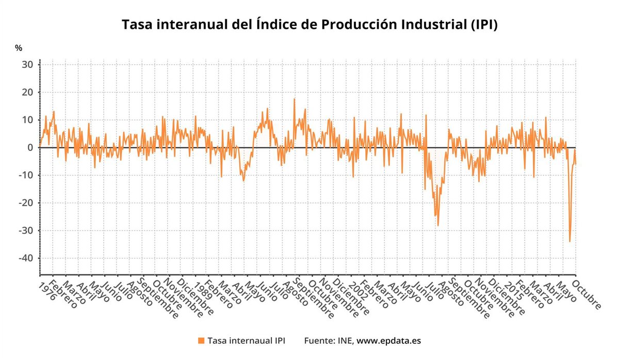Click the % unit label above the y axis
pyautogui.click(x=19, y=48)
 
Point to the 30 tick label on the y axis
pyautogui.click(x=27, y=65)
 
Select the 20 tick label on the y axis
pyautogui.click(x=27, y=93)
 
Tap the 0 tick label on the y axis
pyautogui.click(x=30, y=148)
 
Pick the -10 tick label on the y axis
pyautogui.click(x=26, y=176)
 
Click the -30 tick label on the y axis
pyautogui.click(x=26, y=231)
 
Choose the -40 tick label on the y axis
pyautogui.click(x=26, y=258)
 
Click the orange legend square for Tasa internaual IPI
pyautogui.click(x=201, y=341)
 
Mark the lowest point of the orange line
pyautogui.click(x=569, y=241)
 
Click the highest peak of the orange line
pyautogui.click(x=294, y=99)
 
